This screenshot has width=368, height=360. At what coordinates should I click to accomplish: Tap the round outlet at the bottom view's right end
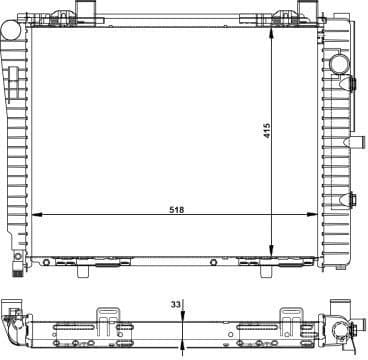coord(343,335)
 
